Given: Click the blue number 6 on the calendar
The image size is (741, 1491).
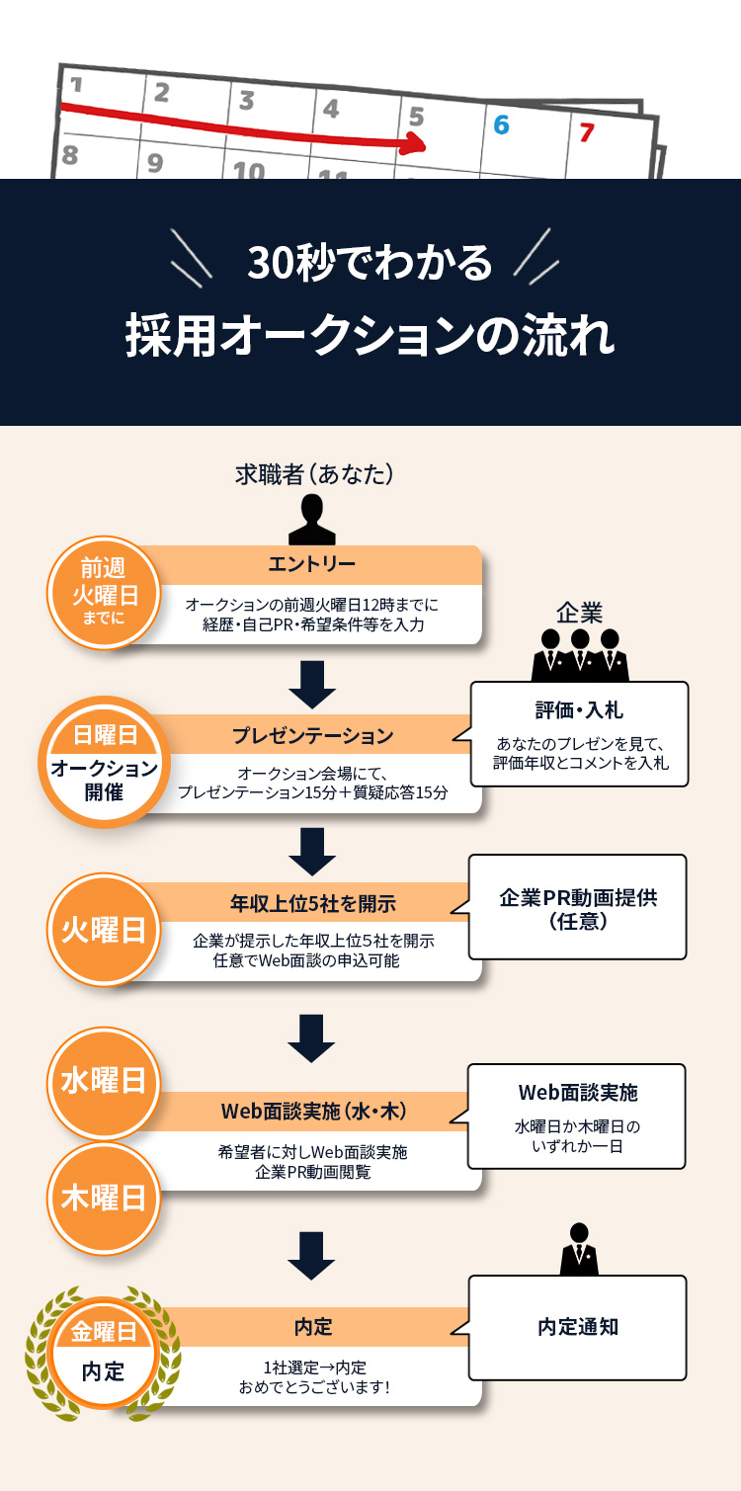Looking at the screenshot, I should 501,125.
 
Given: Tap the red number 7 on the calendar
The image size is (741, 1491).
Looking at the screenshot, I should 587,131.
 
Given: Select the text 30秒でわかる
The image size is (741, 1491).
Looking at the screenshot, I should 370,263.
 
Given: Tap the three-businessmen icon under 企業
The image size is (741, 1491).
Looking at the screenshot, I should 580,654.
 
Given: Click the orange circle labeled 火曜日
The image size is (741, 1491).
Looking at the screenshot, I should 104,930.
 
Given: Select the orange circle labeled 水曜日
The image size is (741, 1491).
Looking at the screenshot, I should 104,1081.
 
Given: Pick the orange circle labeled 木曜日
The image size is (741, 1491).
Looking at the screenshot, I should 104,1198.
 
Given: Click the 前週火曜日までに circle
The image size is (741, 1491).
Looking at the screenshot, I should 104,592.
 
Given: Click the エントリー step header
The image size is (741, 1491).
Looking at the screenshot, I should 311,564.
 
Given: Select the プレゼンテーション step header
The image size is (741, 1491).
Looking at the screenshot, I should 312,735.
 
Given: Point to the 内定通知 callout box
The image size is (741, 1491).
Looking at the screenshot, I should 577,1327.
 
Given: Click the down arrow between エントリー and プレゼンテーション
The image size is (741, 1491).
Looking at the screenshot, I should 312,684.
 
